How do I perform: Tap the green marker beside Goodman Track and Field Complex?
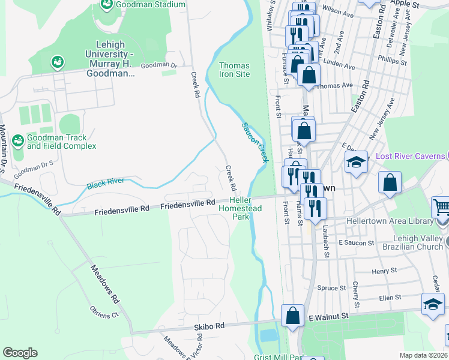click(x=18, y=141)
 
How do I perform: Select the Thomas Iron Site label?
click(x=234, y=70)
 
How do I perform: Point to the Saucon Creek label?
click(x=255, y=143)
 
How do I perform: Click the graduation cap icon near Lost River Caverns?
click(x=356, y=163)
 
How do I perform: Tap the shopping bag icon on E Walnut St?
click(x=292, y=315)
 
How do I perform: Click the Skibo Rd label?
click(x=209, y=325)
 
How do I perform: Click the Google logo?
click(x=20, y=353)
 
